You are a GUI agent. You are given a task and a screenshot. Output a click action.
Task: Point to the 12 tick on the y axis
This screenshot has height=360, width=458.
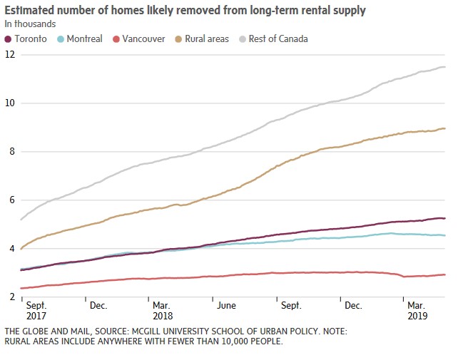click(x=9, y=55)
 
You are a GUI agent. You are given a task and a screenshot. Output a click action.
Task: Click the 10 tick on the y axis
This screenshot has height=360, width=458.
click(x=9, y=103)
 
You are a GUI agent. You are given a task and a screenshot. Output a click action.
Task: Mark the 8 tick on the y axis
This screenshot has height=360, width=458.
click(x=9, y=152)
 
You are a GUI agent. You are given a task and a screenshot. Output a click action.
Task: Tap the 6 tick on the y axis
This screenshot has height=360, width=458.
click(x=9, y=200)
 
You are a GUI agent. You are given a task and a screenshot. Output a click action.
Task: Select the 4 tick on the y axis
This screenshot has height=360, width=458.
click(x=9, y=249)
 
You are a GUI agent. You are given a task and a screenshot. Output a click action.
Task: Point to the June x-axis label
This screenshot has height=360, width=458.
click(x=226, y=305)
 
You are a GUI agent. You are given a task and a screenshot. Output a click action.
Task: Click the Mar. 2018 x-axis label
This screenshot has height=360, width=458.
click(x=163, y=310)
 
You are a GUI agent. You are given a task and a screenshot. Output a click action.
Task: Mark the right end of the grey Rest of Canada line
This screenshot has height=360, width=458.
click(x=445, y=67)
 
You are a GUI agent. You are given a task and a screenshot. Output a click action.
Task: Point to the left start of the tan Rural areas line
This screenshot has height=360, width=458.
click(x=22, y=249)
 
